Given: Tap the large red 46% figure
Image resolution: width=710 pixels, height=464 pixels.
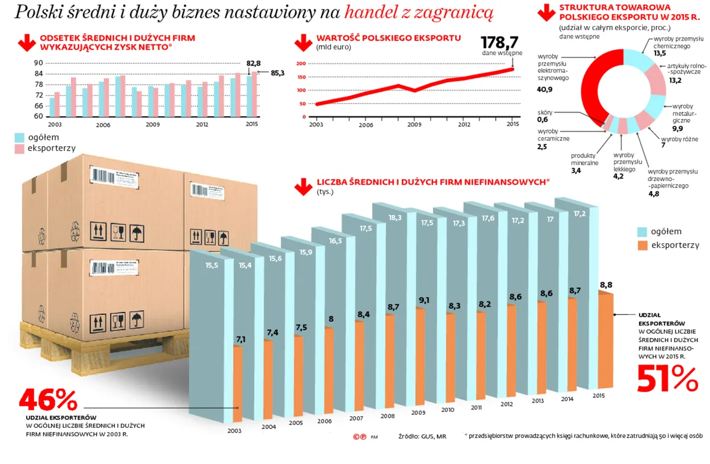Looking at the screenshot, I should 48,401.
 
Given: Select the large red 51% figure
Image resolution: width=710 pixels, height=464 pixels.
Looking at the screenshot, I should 667,378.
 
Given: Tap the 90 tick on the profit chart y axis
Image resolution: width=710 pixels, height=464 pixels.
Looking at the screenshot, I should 39,63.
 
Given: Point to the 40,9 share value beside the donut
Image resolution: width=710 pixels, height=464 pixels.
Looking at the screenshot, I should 545,89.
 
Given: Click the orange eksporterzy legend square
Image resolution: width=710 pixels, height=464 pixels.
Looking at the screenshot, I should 643,245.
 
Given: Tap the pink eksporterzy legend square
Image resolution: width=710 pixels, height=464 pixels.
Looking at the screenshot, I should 20,149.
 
